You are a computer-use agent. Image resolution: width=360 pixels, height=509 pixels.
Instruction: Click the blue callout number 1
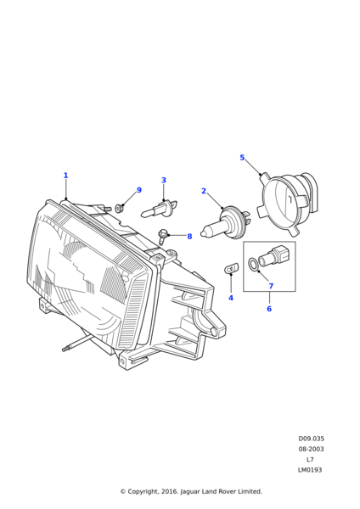[65, 176]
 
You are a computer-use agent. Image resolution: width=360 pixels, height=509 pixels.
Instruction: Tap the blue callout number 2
[204, 191]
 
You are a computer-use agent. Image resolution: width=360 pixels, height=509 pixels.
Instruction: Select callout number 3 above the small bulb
[164, 180]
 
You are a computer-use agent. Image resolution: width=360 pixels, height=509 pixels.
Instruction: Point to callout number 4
[231, 298]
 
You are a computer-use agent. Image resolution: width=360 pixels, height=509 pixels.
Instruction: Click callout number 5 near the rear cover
[242, 158]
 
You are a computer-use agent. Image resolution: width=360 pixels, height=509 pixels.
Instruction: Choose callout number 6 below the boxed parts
[269, 309]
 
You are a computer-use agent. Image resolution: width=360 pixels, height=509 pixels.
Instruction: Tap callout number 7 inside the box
[271, 287]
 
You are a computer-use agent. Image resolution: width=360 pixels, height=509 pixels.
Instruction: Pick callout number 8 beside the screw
[189, 237]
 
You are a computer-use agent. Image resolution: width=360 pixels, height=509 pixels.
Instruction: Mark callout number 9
[139, 190]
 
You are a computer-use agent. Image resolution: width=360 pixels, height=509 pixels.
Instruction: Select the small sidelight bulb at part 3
[159, 208]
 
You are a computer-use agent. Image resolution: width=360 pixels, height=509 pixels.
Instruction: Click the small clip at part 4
[231, 268]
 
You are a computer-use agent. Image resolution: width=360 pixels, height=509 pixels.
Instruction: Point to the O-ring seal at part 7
[253, 264]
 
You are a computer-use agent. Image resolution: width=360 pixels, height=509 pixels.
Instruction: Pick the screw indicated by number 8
[162, 237]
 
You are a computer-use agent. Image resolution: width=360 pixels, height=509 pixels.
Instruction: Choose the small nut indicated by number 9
[120, 208]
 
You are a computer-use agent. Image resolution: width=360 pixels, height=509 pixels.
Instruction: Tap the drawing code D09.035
[312, 439]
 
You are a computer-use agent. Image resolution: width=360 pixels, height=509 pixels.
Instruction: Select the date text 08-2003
[312, 449]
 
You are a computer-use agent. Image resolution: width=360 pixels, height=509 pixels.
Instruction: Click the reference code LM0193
[310, 470]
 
